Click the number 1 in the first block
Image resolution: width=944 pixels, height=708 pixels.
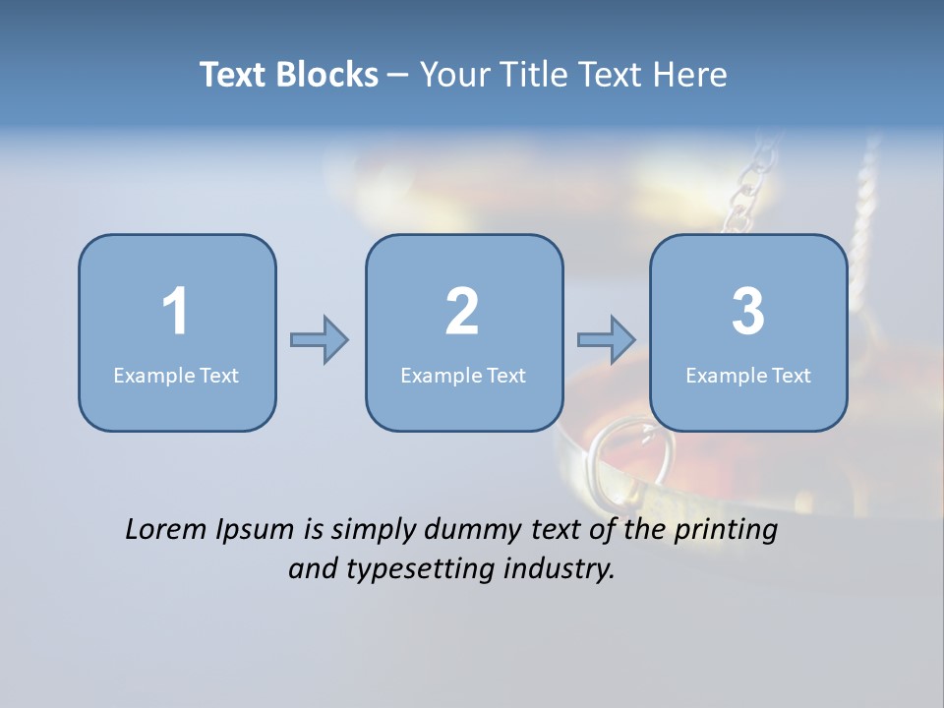tap(175, 312)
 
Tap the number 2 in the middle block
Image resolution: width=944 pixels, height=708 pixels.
tap(462, 312)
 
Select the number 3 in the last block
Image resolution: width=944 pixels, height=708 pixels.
tap(748, 312)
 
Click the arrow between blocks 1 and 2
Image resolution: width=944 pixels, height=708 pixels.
tap(320, 340)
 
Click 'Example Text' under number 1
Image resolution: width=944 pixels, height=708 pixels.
tap(176, 375)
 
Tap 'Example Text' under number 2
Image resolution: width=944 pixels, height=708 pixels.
tap(463, 375)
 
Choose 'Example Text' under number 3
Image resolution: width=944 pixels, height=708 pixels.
tap(748, 375)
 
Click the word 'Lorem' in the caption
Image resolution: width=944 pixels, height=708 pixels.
tap(166, 530)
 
